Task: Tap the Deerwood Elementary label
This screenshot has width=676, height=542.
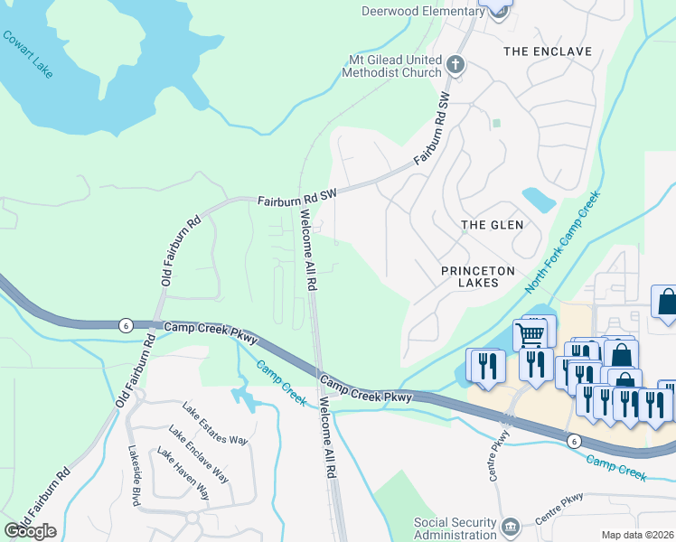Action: pos(422,11)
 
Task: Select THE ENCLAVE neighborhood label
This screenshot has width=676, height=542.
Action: pos(547,51)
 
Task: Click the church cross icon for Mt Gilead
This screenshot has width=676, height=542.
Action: pos(456,65)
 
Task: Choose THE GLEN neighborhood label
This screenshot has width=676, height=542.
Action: pos(487,225)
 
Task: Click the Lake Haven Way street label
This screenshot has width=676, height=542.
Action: pos(183,474)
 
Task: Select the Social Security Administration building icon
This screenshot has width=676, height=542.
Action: pos(510,527)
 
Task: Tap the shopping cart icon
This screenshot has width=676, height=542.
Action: pos(530,334)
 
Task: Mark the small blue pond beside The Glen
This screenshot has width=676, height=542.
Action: pos(539,199)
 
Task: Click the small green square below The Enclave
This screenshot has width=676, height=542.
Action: pos(495,122)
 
